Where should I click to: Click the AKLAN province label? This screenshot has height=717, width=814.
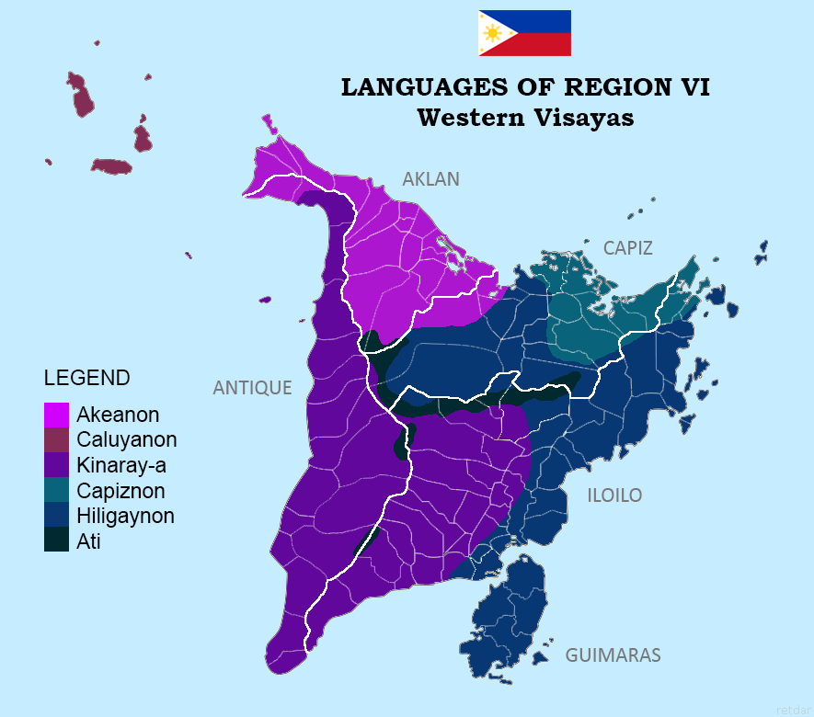430,179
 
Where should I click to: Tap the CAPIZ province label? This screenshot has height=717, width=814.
628,248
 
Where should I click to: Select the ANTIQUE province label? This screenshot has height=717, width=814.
252,388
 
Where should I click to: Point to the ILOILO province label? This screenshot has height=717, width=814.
614,495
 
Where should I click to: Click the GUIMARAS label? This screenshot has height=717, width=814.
613,655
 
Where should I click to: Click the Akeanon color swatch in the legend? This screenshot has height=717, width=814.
56,415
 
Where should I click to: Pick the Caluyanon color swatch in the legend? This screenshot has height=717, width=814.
56,440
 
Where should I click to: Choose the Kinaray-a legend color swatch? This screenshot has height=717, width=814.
56,465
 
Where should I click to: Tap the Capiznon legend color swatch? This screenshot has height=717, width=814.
56,491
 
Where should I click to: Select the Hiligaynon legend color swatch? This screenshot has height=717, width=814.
56,516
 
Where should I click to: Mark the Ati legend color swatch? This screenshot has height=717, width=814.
56,541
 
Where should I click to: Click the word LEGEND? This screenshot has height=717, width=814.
87,378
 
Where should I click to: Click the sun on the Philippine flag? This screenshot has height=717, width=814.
493,34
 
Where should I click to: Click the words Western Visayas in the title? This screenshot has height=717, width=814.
525,118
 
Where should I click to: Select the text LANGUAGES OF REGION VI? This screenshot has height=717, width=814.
525,87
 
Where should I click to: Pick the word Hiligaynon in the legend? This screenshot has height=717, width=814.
126,516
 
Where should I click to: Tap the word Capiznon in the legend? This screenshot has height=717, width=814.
120,491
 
